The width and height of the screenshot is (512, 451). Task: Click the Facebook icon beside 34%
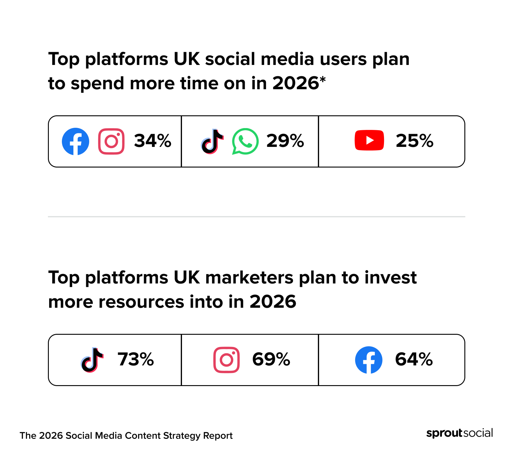point(76,141)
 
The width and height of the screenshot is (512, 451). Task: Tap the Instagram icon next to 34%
point(111,141)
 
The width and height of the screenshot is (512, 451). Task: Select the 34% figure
point(153,141)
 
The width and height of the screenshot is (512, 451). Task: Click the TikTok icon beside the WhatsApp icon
point(212,141)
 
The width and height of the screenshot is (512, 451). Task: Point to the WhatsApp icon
point(245,141)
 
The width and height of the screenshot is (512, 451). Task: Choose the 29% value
point(285,141)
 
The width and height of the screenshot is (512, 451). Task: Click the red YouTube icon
point(369,140)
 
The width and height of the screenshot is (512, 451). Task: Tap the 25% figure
point(414,141)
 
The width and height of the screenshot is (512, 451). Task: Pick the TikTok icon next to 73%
point(92,360)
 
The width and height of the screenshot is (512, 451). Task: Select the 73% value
point(136,359)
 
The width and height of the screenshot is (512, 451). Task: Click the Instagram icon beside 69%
point(226,360)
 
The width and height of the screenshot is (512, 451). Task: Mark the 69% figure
point(271,359)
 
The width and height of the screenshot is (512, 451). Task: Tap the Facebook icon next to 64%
point(369,360)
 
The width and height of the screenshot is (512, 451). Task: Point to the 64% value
point(414,359)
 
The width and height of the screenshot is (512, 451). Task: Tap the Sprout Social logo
point(460,433)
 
